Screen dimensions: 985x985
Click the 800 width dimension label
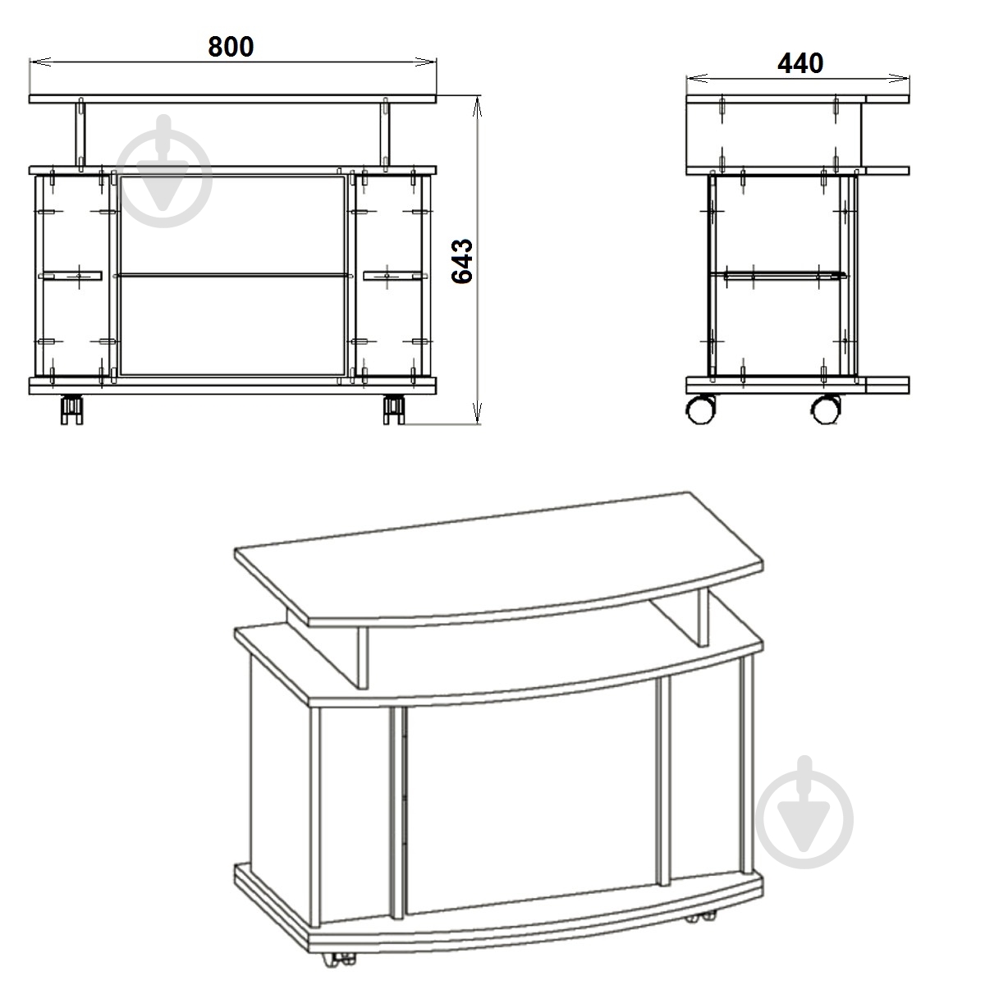[x=231, y=47]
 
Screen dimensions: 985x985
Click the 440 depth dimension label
[x=800, y=63]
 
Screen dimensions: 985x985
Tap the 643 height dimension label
[x=462, y=261]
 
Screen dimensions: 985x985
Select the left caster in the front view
[x=71, y=410]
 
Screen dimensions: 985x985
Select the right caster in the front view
[x=394, y=410]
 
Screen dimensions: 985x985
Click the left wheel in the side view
[x=701, y=409]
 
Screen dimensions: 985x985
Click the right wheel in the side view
[x=826, y=409]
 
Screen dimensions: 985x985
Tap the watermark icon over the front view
[x=164, y=172]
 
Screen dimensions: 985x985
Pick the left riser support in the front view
[x=80, y=135]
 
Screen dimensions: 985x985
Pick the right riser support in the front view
[x=384, y=135]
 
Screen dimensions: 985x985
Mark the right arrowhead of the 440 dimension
[x=900, y=78]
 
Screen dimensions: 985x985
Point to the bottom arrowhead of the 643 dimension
[x=478, y=414]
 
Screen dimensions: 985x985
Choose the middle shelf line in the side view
[x=778, y=275]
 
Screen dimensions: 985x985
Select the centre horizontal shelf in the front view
[x=232, y=276]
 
